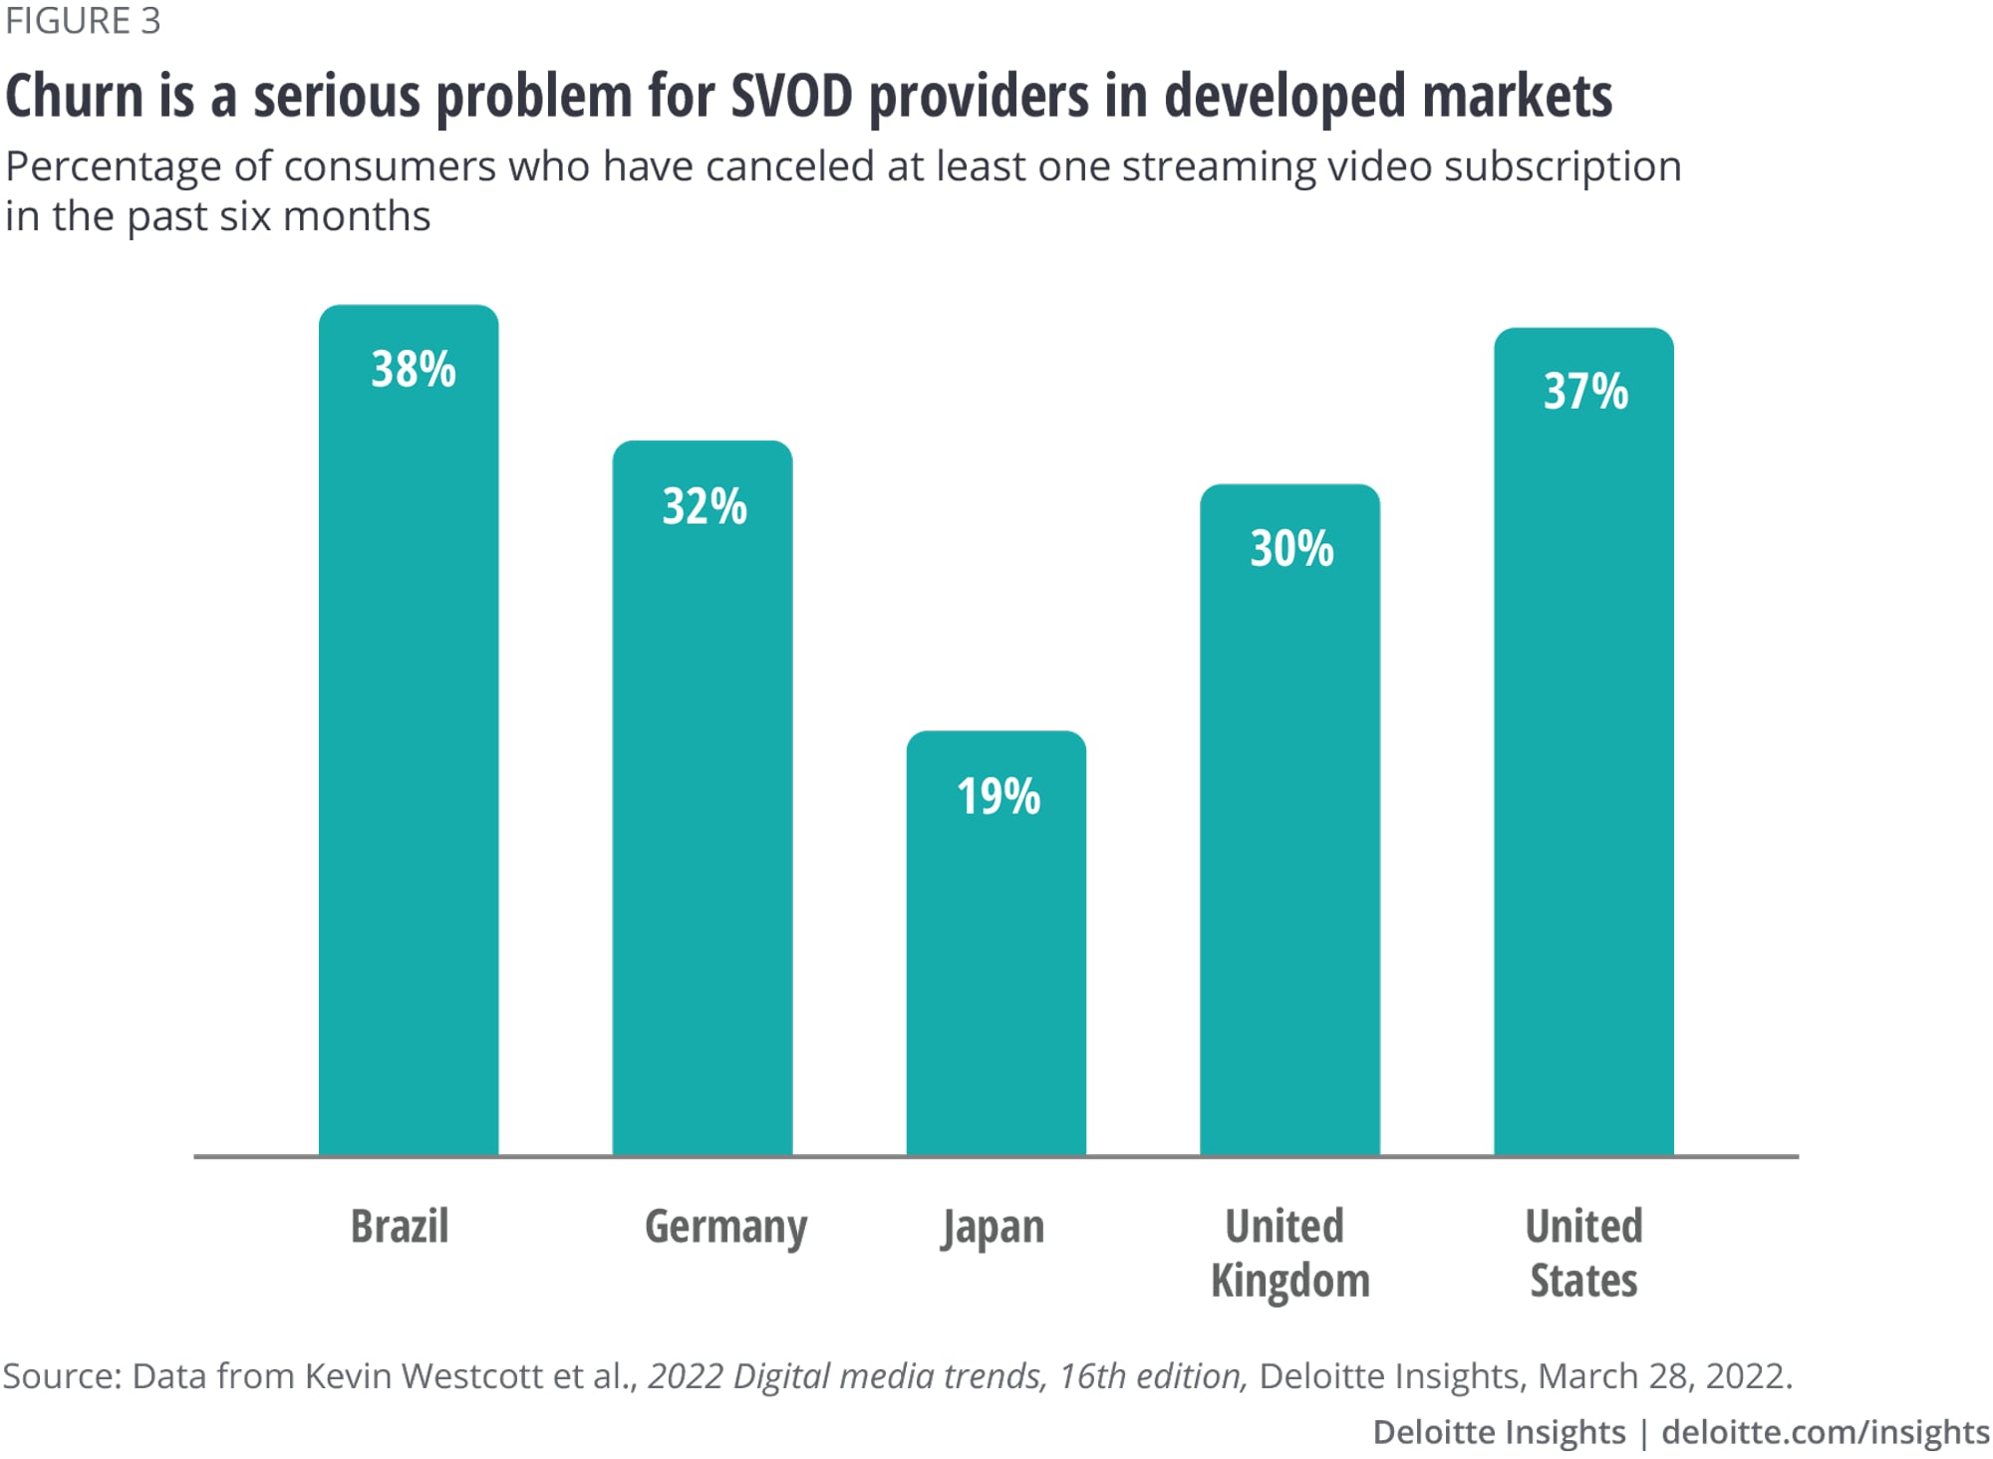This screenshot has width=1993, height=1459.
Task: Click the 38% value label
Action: pos(414,370)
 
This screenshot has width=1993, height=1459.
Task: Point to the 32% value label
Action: pos(705,506)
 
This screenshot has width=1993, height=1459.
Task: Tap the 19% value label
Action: pos(998,796)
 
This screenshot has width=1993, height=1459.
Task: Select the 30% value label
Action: pos(1291,549)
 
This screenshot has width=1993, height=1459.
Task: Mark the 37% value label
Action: pos(1585,391)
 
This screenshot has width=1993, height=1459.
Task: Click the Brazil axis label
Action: pos(400,1226)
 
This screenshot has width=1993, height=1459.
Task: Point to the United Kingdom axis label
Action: pos(1289,1253)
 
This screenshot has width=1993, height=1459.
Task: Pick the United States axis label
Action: pos(1583,1253)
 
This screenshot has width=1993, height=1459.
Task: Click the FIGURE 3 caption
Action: pos(83,21)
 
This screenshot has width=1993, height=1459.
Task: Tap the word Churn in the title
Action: pos(74,97)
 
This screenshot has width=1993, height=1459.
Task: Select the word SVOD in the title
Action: pos(791,97)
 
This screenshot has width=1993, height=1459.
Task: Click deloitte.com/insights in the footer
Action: pos(1826,1432)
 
